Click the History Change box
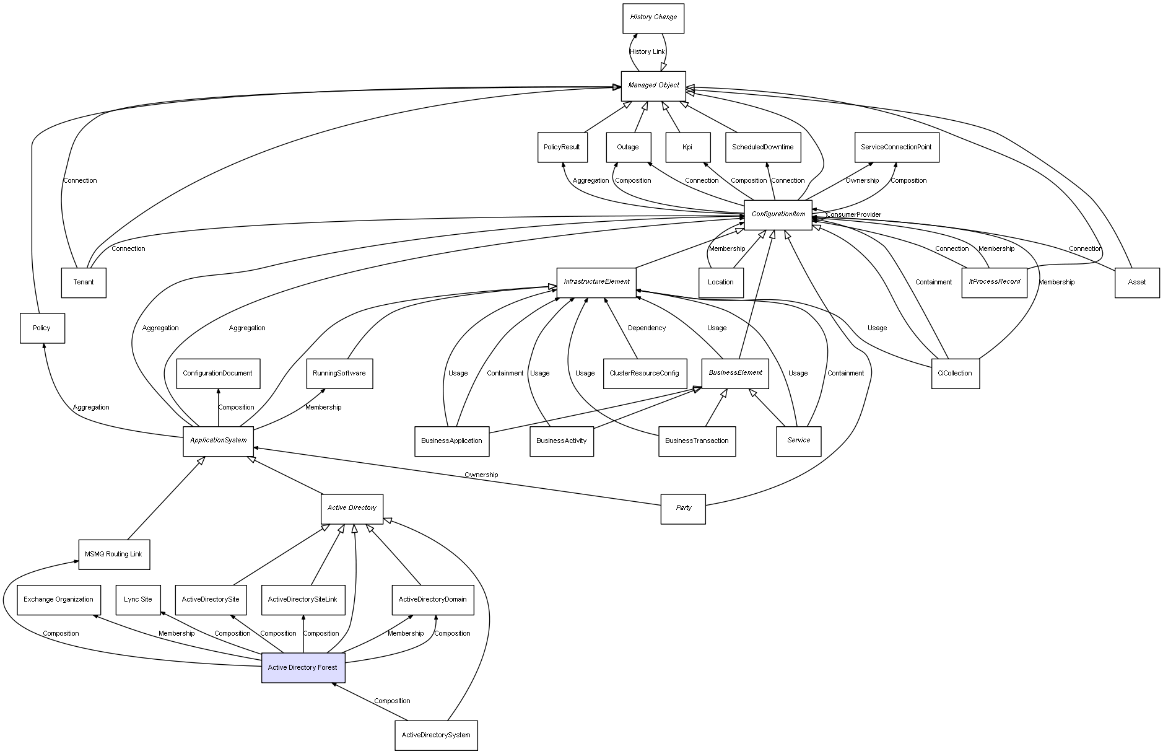653,18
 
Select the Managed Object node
653,85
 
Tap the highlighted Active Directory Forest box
303,667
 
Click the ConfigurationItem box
778,214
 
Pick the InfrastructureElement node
596,282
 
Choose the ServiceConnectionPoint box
896,147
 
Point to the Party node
683,508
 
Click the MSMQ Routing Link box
114,554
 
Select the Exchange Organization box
59,600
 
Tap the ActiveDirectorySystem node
436,735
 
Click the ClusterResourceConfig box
644,374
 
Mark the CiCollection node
955,374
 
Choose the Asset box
1137,283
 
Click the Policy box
41,328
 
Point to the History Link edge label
647,52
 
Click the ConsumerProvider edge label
853,215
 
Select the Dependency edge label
647,328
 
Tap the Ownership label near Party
481,475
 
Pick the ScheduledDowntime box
762,147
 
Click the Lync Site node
137,600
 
